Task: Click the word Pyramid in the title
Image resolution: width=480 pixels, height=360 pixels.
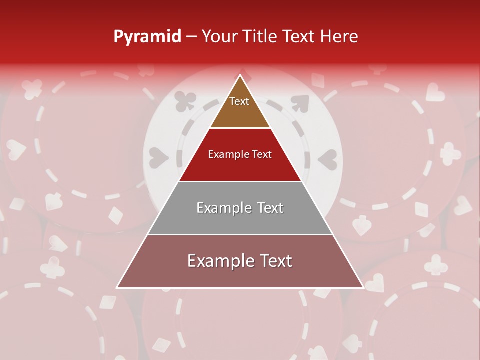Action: [147, 37]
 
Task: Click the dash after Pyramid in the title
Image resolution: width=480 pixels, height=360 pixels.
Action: [191, 37]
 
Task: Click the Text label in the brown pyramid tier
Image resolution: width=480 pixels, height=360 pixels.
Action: [239, 101]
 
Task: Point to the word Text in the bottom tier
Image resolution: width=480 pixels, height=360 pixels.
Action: [275, 261]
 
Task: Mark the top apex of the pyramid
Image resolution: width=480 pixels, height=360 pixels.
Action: [240, 75]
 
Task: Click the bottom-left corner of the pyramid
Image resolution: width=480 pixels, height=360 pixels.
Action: [117, 288]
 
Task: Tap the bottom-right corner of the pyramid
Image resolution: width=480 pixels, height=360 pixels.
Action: [363, 288]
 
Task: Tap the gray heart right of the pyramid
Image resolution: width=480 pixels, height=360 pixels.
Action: [328, 159]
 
